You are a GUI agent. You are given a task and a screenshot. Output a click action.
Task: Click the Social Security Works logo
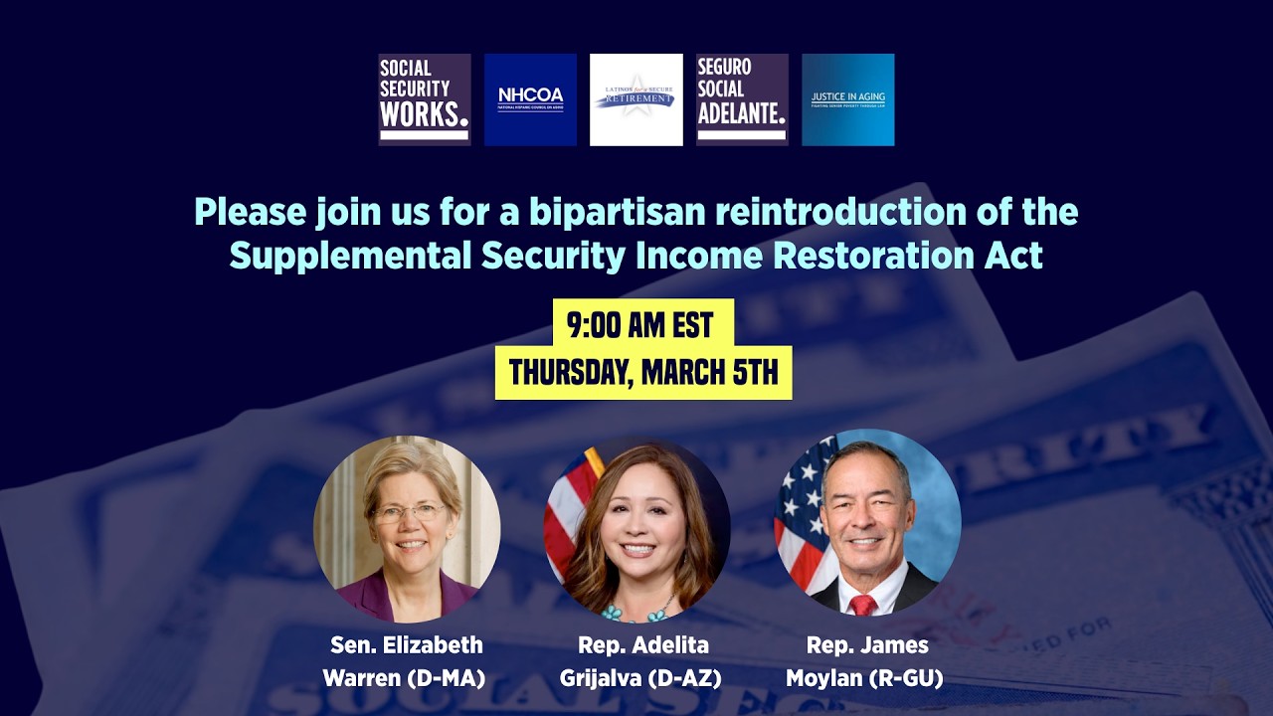tap(425, 99)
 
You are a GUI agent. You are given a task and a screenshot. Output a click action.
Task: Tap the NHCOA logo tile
tap(530, 99)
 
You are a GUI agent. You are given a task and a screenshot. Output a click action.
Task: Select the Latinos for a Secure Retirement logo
tap(636, 99)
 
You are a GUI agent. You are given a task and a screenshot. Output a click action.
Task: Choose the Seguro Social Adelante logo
tap(742, 99)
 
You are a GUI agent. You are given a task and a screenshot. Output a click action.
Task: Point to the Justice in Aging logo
tap(848, 99)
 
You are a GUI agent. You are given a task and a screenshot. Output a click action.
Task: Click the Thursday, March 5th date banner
tap(643, 373)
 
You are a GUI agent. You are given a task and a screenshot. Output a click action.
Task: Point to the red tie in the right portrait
tap(862, 604)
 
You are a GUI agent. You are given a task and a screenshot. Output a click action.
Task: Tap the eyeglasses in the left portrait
tap(408, 513)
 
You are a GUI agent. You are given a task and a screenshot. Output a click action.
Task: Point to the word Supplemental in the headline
tap(350, 256)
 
